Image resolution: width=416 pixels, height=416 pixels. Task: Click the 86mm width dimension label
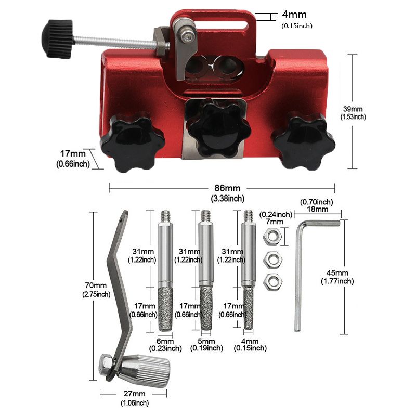[227, 188]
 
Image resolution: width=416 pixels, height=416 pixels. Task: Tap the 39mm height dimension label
[353, 109]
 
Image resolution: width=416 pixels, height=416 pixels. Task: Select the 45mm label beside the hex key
[337, 272]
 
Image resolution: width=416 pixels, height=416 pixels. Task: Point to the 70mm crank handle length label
[96, 285]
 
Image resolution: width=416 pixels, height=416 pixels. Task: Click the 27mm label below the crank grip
[134, 394]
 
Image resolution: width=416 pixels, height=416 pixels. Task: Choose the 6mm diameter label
[165, 341]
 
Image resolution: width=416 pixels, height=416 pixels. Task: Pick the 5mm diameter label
[206, 341]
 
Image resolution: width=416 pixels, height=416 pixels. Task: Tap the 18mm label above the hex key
[318, 209]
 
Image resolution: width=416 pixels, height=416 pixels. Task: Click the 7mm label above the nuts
[275, 222]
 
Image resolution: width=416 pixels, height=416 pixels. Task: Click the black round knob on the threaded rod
[58, 38]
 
